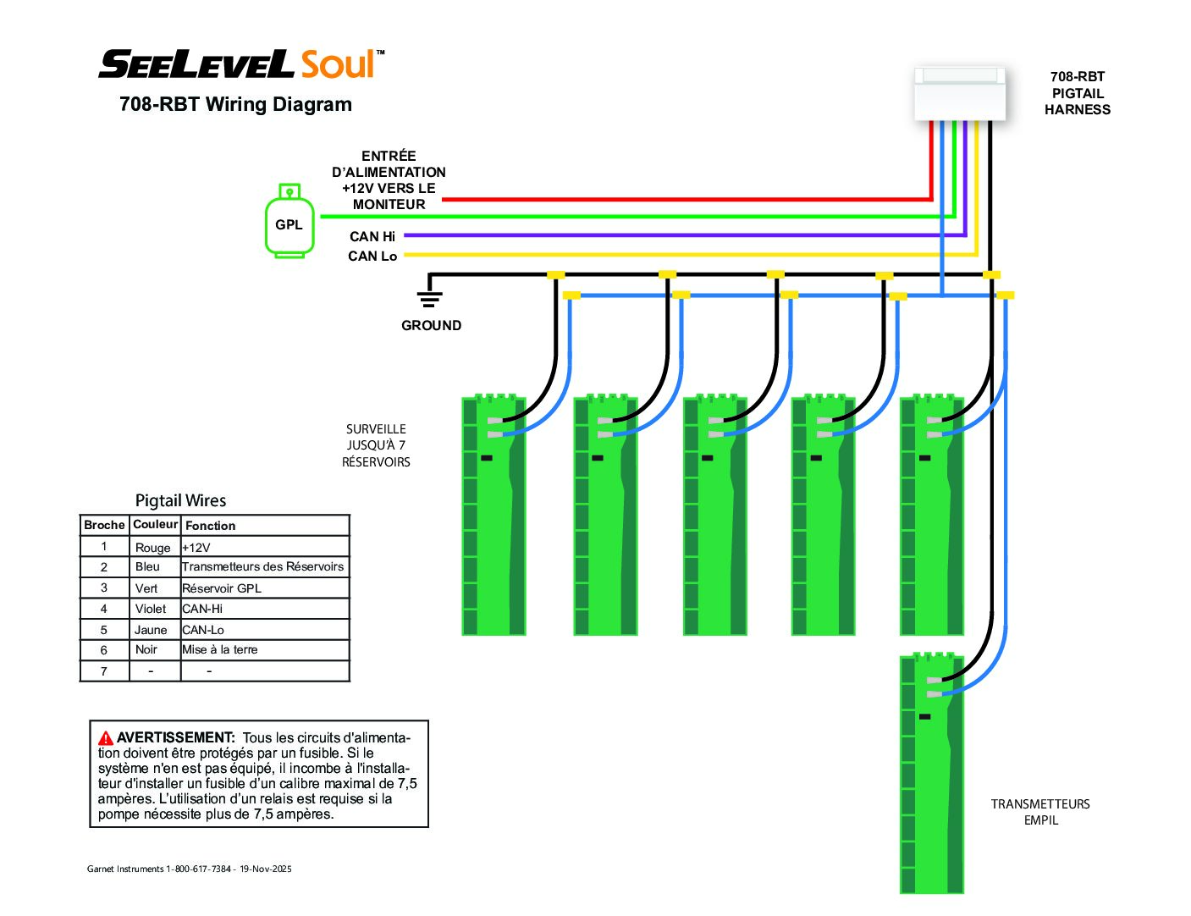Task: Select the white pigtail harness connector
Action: pos(959,94)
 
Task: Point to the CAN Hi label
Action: pos(372,236)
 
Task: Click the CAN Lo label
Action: pos(372,256)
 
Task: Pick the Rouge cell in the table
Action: pos(152,547)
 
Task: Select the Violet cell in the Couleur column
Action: pos(150,609)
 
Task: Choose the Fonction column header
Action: pos(210,525)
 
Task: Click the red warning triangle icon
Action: pos(106,737)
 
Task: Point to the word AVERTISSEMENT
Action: pos(175,737)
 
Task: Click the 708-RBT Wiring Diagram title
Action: pos(235,103)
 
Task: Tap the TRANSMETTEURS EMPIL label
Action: pos(1039,812)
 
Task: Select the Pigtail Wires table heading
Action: pos(180,500)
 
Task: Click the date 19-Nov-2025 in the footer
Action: pos(265,869)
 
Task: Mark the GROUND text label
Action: pos(431,325)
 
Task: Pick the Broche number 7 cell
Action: pos(103,671)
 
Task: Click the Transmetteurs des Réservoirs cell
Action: pos(262,566)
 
